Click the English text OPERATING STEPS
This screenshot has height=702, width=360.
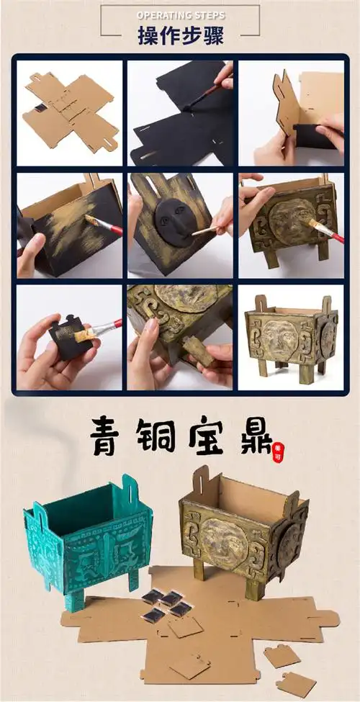click(x=179, y=14)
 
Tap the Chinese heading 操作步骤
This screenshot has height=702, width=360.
click(x=179, y=35)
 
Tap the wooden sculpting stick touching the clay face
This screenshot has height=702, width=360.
click(x=204, y=230)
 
